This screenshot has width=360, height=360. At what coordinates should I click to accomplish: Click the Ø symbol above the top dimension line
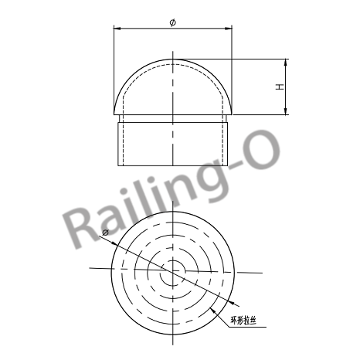[x=172, y=22]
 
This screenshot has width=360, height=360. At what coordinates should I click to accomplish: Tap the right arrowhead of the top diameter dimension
[x=230, y=29]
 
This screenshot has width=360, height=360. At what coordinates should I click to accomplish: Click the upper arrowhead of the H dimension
[x=287, y=61]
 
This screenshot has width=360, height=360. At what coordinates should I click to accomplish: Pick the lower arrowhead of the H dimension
[x=287, y=114]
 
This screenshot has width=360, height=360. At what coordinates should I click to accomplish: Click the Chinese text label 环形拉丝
[x=246, y=318]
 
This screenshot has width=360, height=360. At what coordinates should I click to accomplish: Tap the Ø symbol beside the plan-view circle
[x=105, y=232]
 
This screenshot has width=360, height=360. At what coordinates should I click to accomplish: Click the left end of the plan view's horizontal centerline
[x=90, y=267]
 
